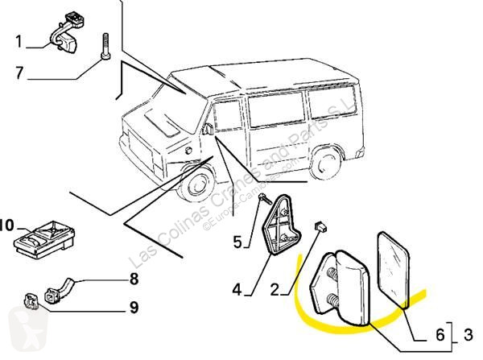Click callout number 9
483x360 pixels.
click(134, 307)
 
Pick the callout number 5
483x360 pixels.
click(237, 240)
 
